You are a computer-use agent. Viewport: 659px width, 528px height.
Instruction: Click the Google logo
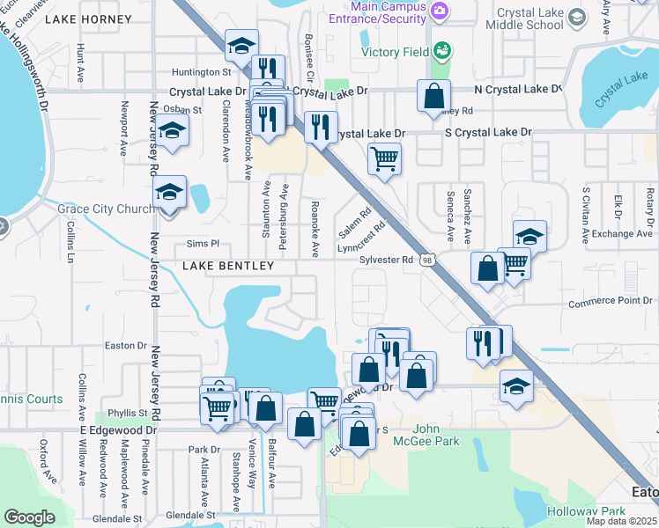[x=29, y=517]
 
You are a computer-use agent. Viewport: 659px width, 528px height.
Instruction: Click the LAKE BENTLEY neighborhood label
[x=228, y=265]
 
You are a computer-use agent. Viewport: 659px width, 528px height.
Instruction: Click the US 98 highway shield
[x=427, y=260]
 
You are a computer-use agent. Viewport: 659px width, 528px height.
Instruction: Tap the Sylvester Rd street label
[x=386, y=260]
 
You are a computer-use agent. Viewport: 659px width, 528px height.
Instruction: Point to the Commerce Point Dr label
[x=609, y=301]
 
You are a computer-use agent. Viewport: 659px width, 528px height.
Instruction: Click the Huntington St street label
[x=201, y=71]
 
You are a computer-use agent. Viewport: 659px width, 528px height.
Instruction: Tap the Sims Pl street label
[x=202, y=243]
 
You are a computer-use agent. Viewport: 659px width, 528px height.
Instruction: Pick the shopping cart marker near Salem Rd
[x=383, y=159]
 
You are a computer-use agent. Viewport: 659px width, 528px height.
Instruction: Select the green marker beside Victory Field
[x=441, y=49]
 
